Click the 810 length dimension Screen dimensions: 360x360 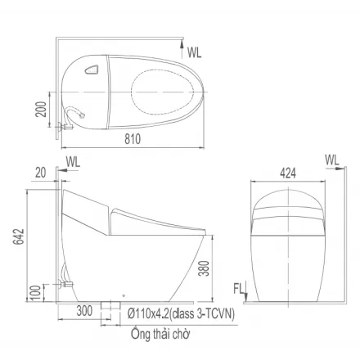[133, 139]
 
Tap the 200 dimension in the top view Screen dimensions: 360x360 [41, 109]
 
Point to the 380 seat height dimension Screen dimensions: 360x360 [204, 268]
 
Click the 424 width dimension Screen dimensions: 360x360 [288, 173]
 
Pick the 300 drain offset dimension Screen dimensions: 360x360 [84, 311]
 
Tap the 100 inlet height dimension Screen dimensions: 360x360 [37, 292]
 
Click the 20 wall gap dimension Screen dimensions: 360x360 [41, 173]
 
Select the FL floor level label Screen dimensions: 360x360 [238, 289]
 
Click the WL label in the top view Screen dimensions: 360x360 [194, 52]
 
